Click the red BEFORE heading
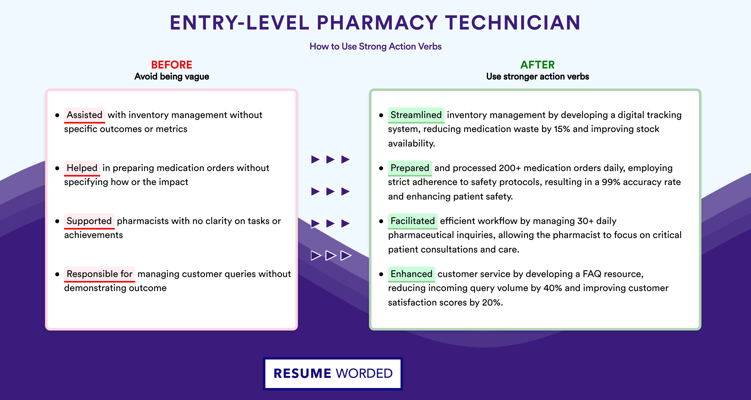coord(171,65)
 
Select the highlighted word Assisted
coord(85,115)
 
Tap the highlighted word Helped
coord(82,168)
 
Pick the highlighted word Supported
coord(89,221)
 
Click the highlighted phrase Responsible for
coord(99,274)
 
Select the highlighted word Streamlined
coord(416,115)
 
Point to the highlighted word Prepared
coord(410,168)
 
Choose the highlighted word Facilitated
coord(413,221)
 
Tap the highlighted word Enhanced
coord(411,274)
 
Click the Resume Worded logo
coord(333,373)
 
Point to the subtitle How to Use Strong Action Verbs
coord(375,46)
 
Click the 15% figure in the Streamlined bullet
coord(562,129)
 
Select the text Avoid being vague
coord(171,76)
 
